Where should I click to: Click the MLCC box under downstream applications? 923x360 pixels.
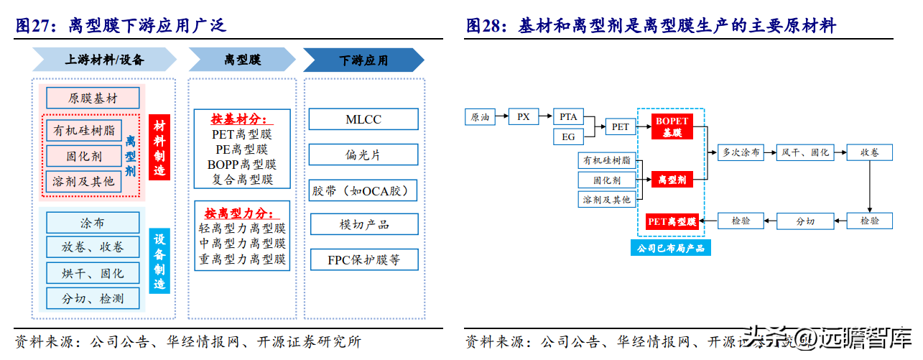point(363,119)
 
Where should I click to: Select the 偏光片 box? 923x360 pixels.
point(363,154)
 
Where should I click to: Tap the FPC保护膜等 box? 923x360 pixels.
point(363,259)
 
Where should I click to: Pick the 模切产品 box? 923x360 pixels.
point(363,224)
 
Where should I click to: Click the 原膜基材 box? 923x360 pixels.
point(93,98)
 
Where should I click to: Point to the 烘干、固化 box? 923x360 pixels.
point(93,273)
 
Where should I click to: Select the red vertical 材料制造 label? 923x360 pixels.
point(159,147)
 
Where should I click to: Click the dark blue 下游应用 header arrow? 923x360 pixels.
point(363,60)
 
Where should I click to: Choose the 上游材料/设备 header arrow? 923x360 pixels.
point(104,60)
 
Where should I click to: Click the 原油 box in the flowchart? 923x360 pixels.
point(480,117)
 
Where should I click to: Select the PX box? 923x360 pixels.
point(524,116)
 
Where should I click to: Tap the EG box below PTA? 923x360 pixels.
point(568,136)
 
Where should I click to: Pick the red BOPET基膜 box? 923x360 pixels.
point(672,126)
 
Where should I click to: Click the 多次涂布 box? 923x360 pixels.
point(741,152)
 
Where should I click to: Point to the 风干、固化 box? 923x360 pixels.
point(805,152)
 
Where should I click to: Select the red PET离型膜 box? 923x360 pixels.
point(672,221)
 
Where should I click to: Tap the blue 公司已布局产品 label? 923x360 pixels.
point(671,249)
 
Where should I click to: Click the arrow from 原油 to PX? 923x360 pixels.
point(502,116)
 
